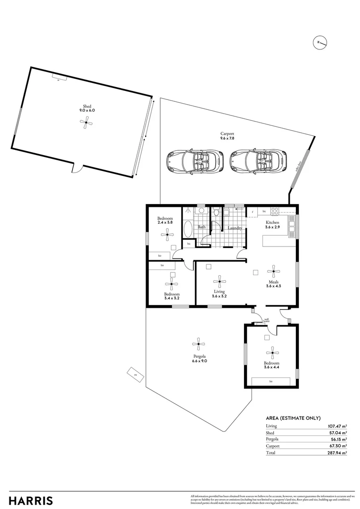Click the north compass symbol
pos(320,42)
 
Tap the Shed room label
pos(87,107)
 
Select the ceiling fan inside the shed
pos(86,123)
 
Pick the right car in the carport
pos(259,161)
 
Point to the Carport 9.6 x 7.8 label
pos(227,136)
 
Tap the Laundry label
pos(235,228)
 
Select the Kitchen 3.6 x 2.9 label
pos(273,224)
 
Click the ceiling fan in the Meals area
pos(273,271)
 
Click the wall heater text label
pos(266,320)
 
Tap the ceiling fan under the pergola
pos(199,344)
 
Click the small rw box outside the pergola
pos(135,375)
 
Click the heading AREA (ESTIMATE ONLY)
pos(293,418)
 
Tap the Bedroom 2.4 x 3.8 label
pos(165,221)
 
